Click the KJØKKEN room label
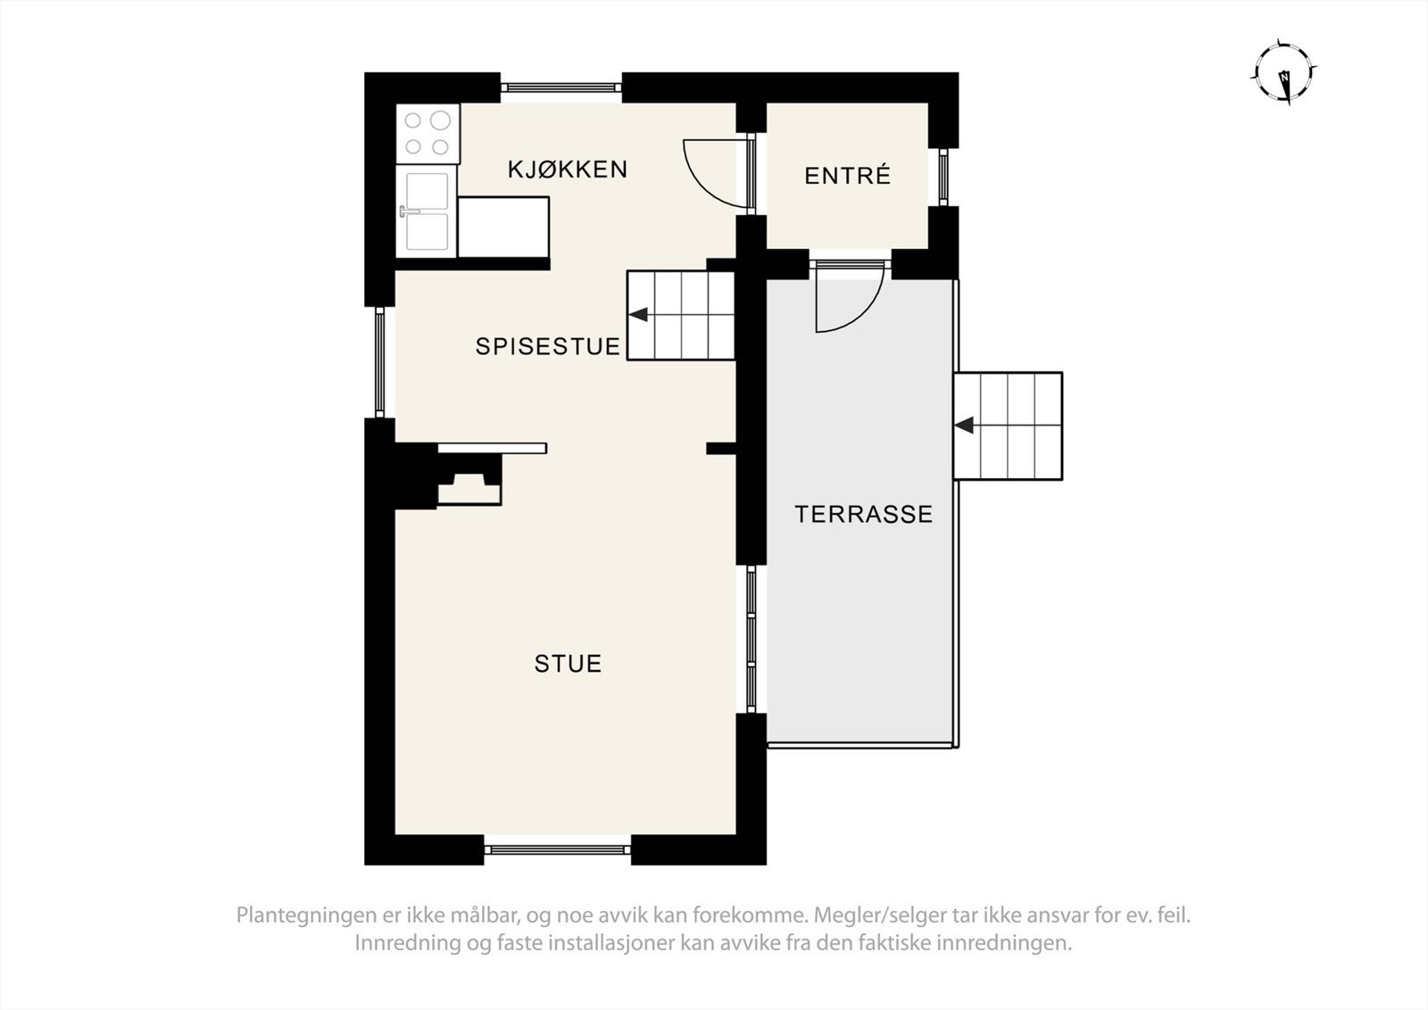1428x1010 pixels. click(568, 170)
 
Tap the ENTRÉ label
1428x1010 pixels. click(847, 176)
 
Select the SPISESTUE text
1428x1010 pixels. click(547, 346)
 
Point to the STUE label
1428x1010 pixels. click(568, 664)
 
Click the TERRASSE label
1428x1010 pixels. click(863, 514)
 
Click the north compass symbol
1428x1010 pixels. click(1284, 74)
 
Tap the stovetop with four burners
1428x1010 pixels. click(428, 133)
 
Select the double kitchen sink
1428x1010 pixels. click(427, 211)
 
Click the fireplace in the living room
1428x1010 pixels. click(469, 482)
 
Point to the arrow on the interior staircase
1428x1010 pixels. click(638, 314)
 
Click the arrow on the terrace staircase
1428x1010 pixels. click(964, 426)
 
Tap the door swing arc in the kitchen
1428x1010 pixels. click(714, 174)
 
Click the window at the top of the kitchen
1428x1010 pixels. click(560, 87)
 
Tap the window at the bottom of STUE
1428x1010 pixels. click(558, 849)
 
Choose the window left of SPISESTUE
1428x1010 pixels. click(380, 362)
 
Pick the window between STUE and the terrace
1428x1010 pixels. click(751, 638)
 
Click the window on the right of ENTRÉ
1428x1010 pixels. click(943, 177)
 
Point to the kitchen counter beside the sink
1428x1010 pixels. click(502, 228)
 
